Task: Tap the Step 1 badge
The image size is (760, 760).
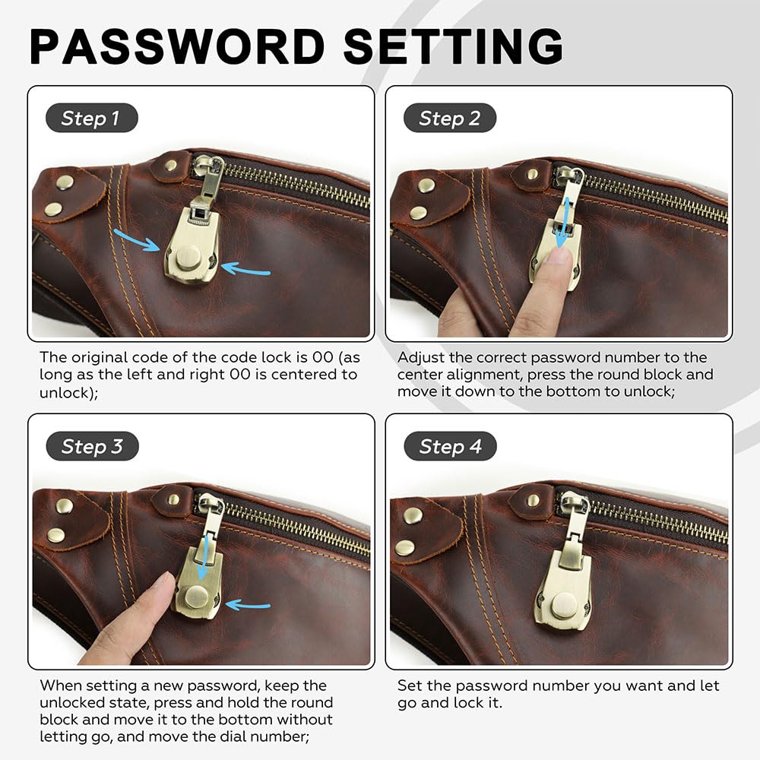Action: (x=90, y=119)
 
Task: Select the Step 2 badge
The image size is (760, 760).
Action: (x=450, y=119)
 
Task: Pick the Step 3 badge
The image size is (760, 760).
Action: (x=92, y=446)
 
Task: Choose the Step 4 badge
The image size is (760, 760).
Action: (x=451, y=447)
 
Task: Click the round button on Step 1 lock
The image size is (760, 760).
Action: (x=192, y=255)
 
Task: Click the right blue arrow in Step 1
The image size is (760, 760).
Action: (x=245, y=268)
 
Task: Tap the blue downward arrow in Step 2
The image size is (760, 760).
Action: (x=562, y=228)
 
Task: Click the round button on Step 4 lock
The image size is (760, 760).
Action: (x=563, y=606)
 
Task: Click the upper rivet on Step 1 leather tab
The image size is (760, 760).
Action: (x=65, y=182)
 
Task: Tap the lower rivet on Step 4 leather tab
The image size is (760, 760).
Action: (x=405, y=547)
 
